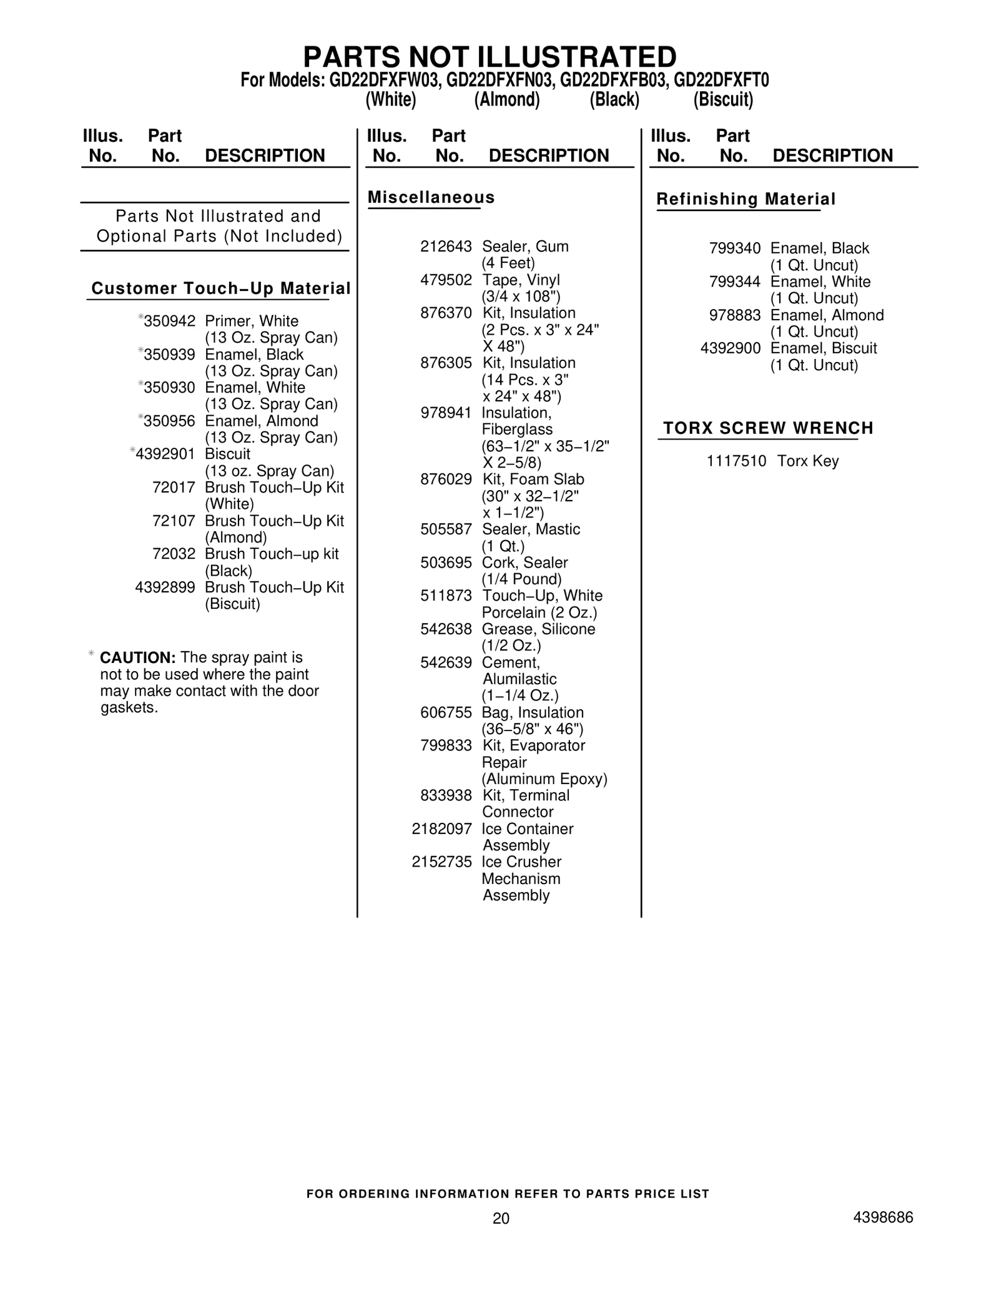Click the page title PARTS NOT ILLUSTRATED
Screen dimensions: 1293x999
(x=490, y=57)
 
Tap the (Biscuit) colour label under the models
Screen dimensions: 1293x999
(x=723, y=100)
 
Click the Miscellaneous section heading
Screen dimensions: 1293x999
(x=431, y=198)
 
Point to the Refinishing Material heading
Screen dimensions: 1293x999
(x=746, y=200)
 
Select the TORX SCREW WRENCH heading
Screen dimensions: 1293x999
(x=768, y=428)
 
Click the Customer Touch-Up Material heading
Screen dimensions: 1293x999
(x=221, y=288)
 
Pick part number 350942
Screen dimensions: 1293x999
(x=169, y=322)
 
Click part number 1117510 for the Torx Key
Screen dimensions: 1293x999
(x=736, y=461)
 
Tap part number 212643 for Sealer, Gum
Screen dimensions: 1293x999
(x=446, y=247)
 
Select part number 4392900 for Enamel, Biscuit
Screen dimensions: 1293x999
(x=731, y=348)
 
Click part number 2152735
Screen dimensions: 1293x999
(x=441, y=862)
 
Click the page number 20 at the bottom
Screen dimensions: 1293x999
(x=501, y=1218)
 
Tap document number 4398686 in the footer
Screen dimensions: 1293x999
(x=883, y=1217)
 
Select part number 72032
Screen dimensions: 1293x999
(x=174, y=554)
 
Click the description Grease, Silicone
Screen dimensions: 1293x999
(x=538, y=629)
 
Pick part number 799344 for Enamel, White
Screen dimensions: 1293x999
(x=735, y=282)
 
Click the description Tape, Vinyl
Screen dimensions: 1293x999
(x=521, y=280)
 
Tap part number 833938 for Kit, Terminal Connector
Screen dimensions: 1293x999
(x=446, y=796)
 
